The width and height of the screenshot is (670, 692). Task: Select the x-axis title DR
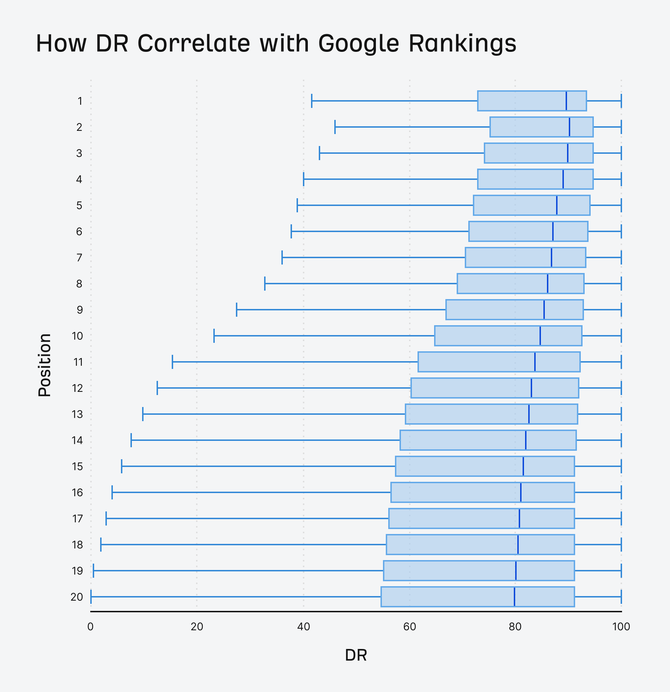tap(356, 655)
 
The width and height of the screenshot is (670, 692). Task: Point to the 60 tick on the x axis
tap(409, 627)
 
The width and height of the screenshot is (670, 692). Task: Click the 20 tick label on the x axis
tap(197, 627)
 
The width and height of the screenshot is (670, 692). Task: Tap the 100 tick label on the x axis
tap(621, 627)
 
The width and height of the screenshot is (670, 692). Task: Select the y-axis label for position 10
tap(77, 336)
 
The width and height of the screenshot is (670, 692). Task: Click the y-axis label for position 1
tap(80, 101)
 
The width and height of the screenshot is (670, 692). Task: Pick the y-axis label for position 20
tap(77, 597)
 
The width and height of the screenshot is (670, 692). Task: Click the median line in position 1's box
tap(566, 101)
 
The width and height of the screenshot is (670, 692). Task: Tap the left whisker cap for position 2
tap(335, 127)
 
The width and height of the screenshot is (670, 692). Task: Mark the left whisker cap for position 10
tap(214, 336)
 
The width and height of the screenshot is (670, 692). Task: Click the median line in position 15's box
tap(523, 466)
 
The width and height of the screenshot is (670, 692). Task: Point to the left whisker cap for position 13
tap(142, 414)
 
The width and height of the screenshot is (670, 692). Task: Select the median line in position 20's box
tap(514, 597)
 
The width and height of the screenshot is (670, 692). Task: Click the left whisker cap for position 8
tap(265, 284)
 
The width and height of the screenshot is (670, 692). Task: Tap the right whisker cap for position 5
tap(621, 205)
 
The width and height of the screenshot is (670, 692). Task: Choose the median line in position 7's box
tap(552, 257)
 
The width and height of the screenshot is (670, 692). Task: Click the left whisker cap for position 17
tap(106, 518)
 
